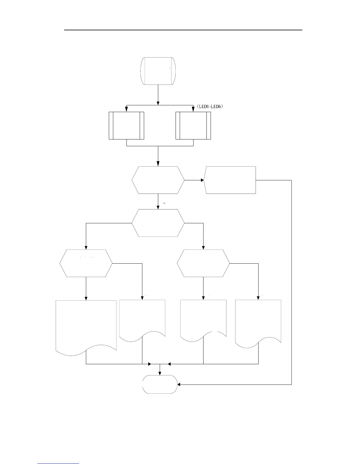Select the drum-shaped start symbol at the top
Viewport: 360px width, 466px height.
pyautogui.click(x=158, y=71)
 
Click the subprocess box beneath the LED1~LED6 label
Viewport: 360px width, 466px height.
pyautogui.click(x=193, y=125)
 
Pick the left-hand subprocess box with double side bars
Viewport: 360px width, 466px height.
pyautogui.click(x=126, y=125)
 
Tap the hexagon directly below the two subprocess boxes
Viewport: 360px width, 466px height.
pyautogui.click(x=158, y=180)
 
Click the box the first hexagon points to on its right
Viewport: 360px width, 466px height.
pyautogui.click(x=230, y=180)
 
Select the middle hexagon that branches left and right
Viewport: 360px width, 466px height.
pyautogui.click(x=158, y=223)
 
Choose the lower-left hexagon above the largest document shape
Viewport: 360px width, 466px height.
pyautogui.click(x=86, y=263)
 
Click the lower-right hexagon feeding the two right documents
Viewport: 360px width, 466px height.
pyautogui.click(x=203, y=263)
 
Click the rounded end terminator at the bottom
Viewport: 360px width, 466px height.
pyautogui.click(x=160, y=384)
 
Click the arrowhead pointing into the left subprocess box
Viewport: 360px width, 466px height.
pyautogui.click(x=126, y=110)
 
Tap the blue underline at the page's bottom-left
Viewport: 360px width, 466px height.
pyautogui.click(x=59, y=463)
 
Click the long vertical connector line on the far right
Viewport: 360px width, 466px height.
pyautogui.click(x=291, y=282)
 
